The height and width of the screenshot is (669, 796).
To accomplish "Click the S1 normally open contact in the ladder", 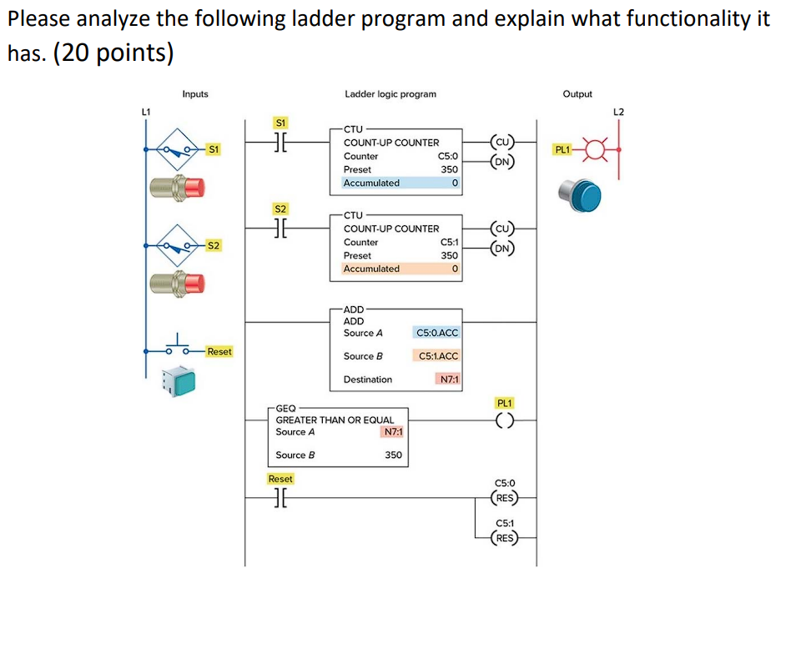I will pos(280,143).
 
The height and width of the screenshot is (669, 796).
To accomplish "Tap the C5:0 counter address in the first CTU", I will pos(447,156).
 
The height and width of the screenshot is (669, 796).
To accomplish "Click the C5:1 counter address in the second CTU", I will pos(448,242).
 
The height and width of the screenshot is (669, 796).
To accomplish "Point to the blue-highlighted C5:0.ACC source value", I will pos(436,333).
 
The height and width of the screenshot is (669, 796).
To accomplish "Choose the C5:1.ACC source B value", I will pos(437,356).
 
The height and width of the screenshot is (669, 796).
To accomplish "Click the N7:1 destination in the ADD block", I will pos(449,380).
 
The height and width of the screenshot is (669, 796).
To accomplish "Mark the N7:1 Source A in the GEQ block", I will pos(391,432).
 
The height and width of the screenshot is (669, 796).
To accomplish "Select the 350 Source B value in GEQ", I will pos(393,455).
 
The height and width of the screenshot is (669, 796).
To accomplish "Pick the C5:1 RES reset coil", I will pos(505,538).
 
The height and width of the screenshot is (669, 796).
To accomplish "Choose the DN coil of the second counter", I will pos(504,248).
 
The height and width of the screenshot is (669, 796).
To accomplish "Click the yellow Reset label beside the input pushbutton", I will pos(219,351).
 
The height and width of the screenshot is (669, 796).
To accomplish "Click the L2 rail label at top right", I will pos(618,111).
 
